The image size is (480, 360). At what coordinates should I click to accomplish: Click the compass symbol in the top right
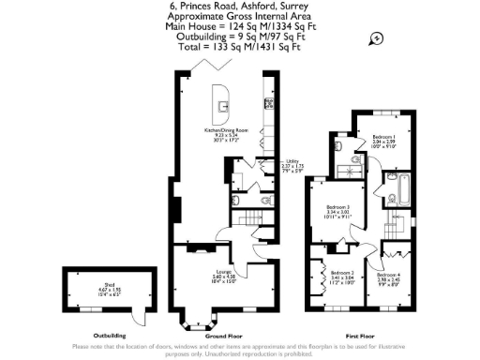(376, 38)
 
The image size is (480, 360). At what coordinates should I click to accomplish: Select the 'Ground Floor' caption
(223, 335)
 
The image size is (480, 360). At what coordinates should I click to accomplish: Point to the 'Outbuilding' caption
(97, 335)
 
